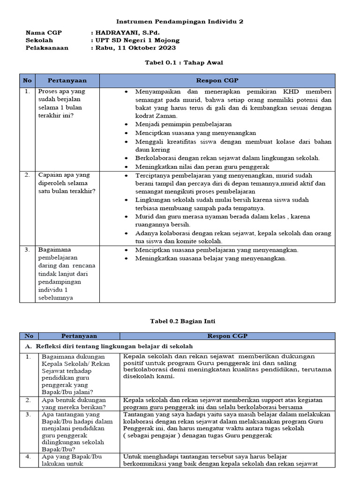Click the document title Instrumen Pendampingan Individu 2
(180, 22)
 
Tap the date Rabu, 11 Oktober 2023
(135, 48)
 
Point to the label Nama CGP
(44, 33)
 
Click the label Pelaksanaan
(47, 48)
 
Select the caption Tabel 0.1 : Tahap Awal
(180, 62)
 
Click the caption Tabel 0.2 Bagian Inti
(180, 321)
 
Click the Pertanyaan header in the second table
(79, 336)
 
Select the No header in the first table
(27, 81)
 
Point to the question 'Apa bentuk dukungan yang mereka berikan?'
(74, 404)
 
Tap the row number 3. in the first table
(27, 250)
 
